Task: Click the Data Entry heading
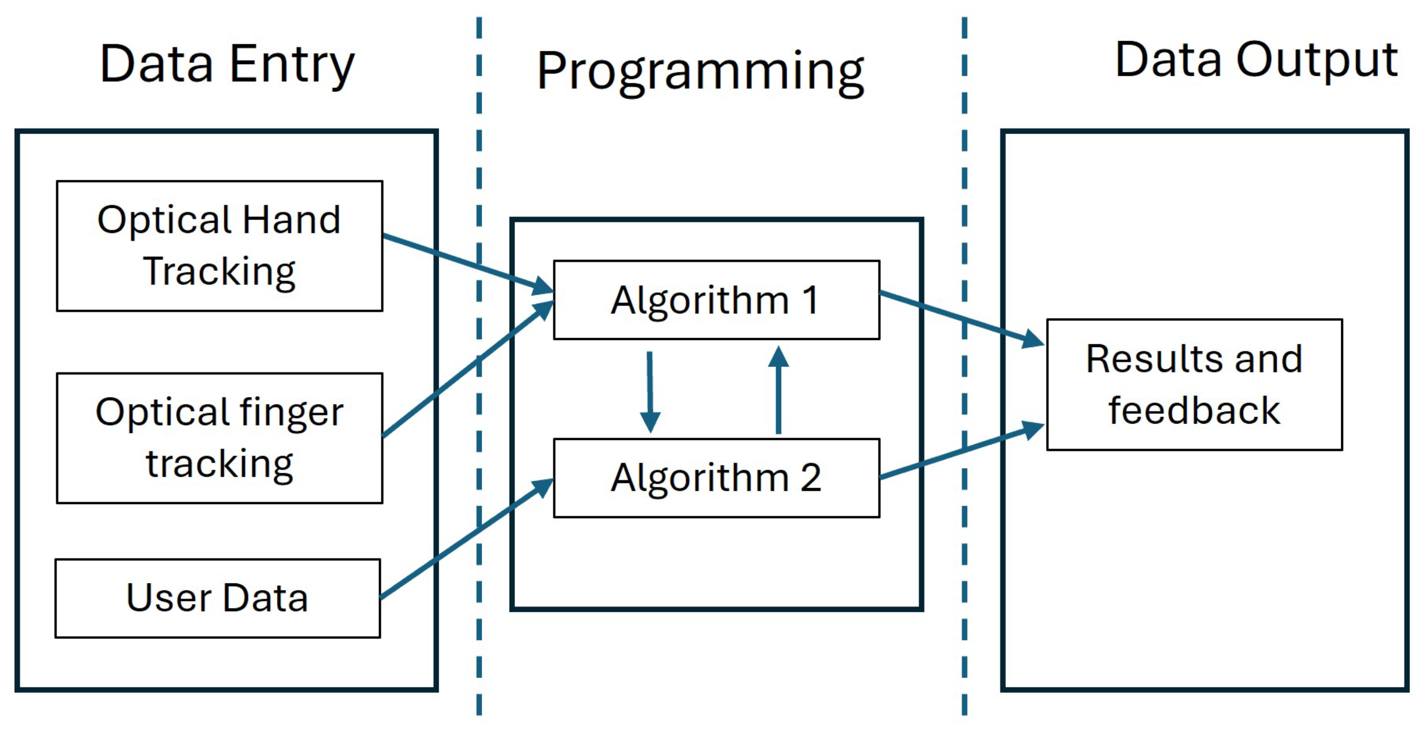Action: point(227,65)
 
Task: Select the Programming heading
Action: point(700,72)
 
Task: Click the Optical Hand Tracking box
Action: point(219,246)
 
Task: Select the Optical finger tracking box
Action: point(219,438)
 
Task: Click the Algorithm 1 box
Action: point(716,300)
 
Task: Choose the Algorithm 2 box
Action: point(716,477)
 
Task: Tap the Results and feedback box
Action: point(1194,384)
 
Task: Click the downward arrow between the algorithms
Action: point(650,392)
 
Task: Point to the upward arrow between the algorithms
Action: point(778,390)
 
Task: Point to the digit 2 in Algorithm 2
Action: point(811,477)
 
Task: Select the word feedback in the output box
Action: point(1194,411)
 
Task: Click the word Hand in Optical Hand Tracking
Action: point(291,220)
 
